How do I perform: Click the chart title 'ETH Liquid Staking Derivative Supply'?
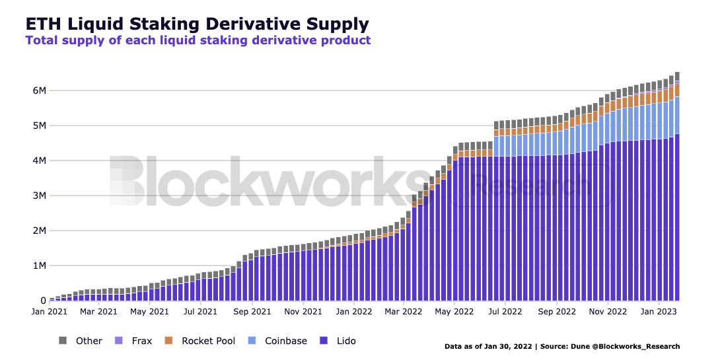pos(197,24)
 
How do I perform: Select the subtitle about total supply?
pos(198,40)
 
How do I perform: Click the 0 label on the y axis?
pos(42,301)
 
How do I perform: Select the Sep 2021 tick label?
pos(252,310)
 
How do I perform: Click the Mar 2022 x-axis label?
pos(402,310)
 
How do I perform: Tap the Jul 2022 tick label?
pos(505,310)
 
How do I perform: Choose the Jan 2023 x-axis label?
pos(658,310)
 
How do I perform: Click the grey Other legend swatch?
pos(63,341)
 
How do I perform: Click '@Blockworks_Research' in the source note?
pos(642,346)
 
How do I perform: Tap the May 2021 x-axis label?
pos(149,310)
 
